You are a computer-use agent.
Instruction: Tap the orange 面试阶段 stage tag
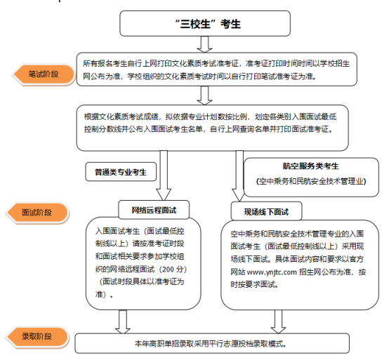point(41,212)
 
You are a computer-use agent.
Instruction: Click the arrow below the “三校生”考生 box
point(204,44)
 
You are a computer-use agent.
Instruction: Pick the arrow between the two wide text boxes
point(204,95)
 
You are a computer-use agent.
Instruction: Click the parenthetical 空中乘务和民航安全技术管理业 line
point(310,181)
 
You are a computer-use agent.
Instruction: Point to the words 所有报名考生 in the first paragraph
point(108,62)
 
